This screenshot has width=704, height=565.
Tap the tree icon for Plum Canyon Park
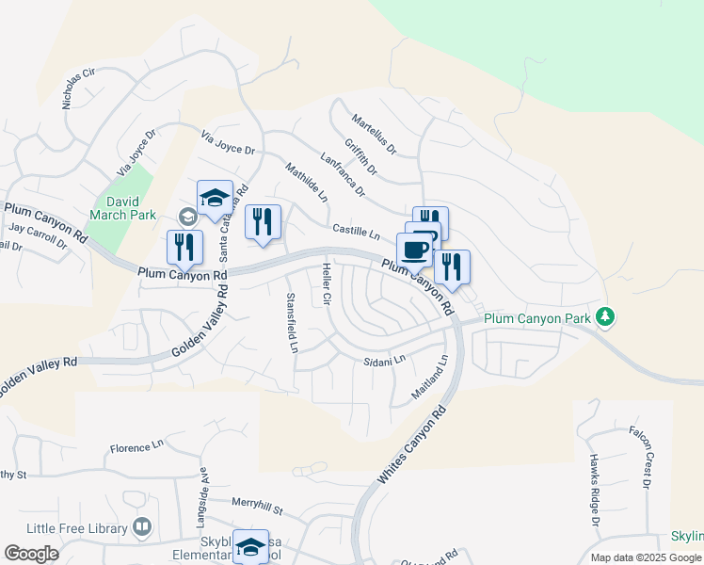click(608, 317)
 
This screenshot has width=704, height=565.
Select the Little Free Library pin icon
click(143, 526)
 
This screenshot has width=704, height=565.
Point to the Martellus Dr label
click(374, 134)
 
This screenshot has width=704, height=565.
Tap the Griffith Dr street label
click(360, 157)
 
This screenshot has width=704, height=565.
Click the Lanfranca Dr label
click(343, 176)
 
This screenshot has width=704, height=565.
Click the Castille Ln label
click(355, 230)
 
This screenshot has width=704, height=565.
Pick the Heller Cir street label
click(328, 285)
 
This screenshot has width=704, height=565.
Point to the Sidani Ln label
click(384, 360)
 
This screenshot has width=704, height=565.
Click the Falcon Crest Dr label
click(639, 456)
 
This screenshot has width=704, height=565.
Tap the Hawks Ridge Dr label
click(595, 489)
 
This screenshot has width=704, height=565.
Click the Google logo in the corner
click(31, 554)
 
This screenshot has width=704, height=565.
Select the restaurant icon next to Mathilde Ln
click(263, 222)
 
